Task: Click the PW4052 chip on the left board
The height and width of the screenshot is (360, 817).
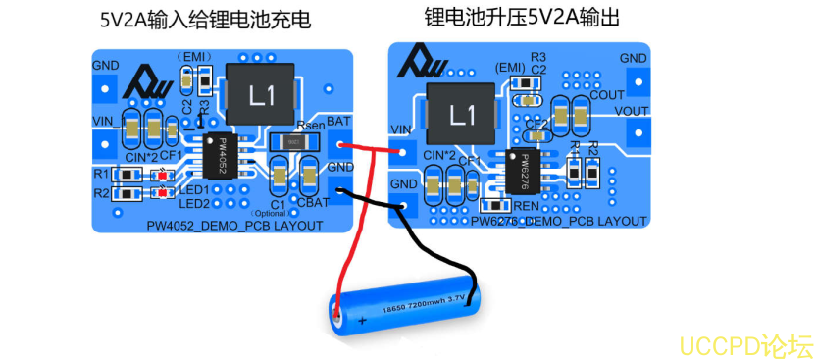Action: click(x=218, y=155)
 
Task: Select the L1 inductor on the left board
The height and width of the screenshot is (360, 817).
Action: click(x=261, y=96)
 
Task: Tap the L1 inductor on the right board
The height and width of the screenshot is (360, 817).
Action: click(x=462, y=115)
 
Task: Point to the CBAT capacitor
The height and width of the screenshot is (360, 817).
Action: click(x=311, y=180)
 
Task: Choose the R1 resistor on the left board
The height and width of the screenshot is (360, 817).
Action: click(x=130, y=176)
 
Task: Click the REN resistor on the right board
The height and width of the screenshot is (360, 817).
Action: click(x=492, y=205)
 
